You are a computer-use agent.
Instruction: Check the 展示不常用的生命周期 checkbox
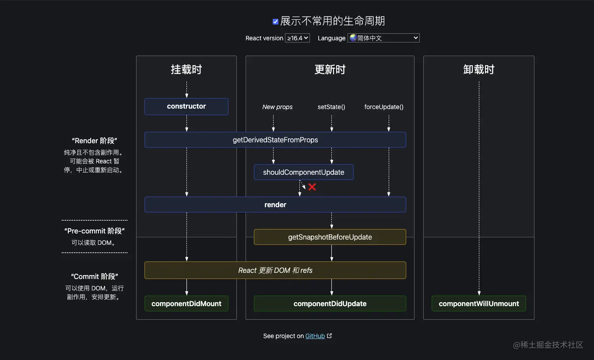tap(275, 21)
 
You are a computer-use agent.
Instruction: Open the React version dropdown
tap(297, 38)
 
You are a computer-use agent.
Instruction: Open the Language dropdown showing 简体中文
tap(383, 38)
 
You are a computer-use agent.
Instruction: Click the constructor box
tap(186, 106)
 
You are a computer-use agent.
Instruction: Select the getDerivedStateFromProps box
tap(275, 140)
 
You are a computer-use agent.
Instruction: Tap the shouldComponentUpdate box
tap(303, 172)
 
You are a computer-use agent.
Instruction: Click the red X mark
tap(312, 187)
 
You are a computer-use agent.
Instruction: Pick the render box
tap(275, 205)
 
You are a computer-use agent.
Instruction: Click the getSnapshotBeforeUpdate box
tap(330, 237)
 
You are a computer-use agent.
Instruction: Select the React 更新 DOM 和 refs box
tap(275, 270)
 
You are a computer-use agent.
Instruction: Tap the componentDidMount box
tap(186, 304)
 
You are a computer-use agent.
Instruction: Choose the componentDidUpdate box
tap(330, 304)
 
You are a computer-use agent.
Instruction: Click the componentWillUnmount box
tap(479, 304)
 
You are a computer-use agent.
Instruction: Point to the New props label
tap(278, 107)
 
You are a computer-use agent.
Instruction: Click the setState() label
tap(331, 107)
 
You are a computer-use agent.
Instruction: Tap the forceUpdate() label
tap(384, 107)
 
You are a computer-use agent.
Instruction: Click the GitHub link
tap(315, 336)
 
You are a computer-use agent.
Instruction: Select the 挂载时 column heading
tap(186, 70)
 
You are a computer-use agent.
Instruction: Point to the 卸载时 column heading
tap(479, 70)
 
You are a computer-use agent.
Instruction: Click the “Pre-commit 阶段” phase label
tap(95, 231)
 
